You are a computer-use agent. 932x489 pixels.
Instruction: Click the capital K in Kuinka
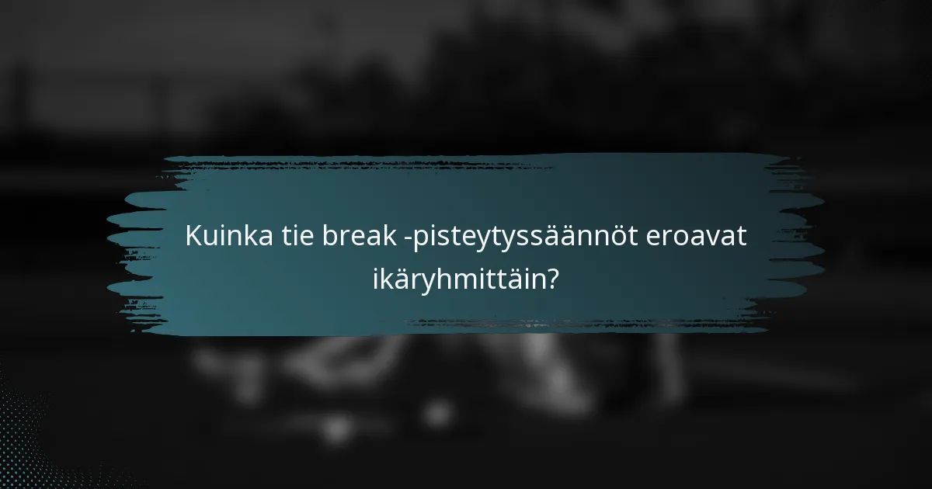[193, 237]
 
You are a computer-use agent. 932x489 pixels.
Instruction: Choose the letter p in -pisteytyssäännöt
[419, 240]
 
